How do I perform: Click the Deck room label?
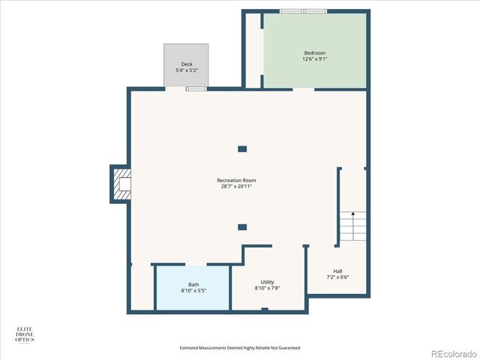(186, 64)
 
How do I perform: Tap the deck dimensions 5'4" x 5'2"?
(186, 70)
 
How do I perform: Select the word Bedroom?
(314, 52)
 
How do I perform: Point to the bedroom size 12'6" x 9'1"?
(314, 58)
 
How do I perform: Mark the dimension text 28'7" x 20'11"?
(236, 186)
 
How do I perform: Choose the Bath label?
(193, 284)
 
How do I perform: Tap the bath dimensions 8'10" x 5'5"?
(193, 290)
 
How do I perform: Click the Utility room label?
(267, 281)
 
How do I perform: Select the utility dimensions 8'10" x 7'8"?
(267, 287)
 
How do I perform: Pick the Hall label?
(337, 271)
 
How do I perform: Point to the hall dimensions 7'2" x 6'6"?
(337, 277)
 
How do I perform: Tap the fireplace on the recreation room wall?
(121, 184)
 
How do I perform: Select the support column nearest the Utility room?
(242, 226)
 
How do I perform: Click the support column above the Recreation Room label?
(242, 149)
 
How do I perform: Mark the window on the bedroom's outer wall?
(303, 11)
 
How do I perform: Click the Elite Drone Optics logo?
(25, 334)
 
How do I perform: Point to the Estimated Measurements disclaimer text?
(240, 347)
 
